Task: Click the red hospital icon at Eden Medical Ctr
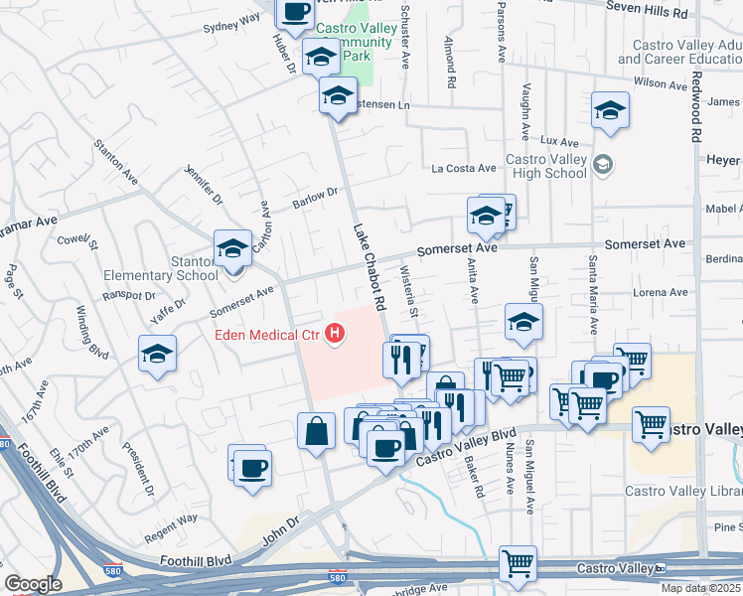pos(337,335)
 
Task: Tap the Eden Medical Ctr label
pos(267,335)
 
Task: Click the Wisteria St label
pos(405,288)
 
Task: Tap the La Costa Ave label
pos(463,168)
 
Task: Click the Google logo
pos(33,584)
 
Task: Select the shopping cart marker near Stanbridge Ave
pos(519,564)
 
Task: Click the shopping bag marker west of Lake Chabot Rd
pos(316,431)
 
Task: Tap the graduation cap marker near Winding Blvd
pos(157,354)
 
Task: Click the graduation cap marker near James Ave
pos(610,110)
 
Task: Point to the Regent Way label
pos(172,519)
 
